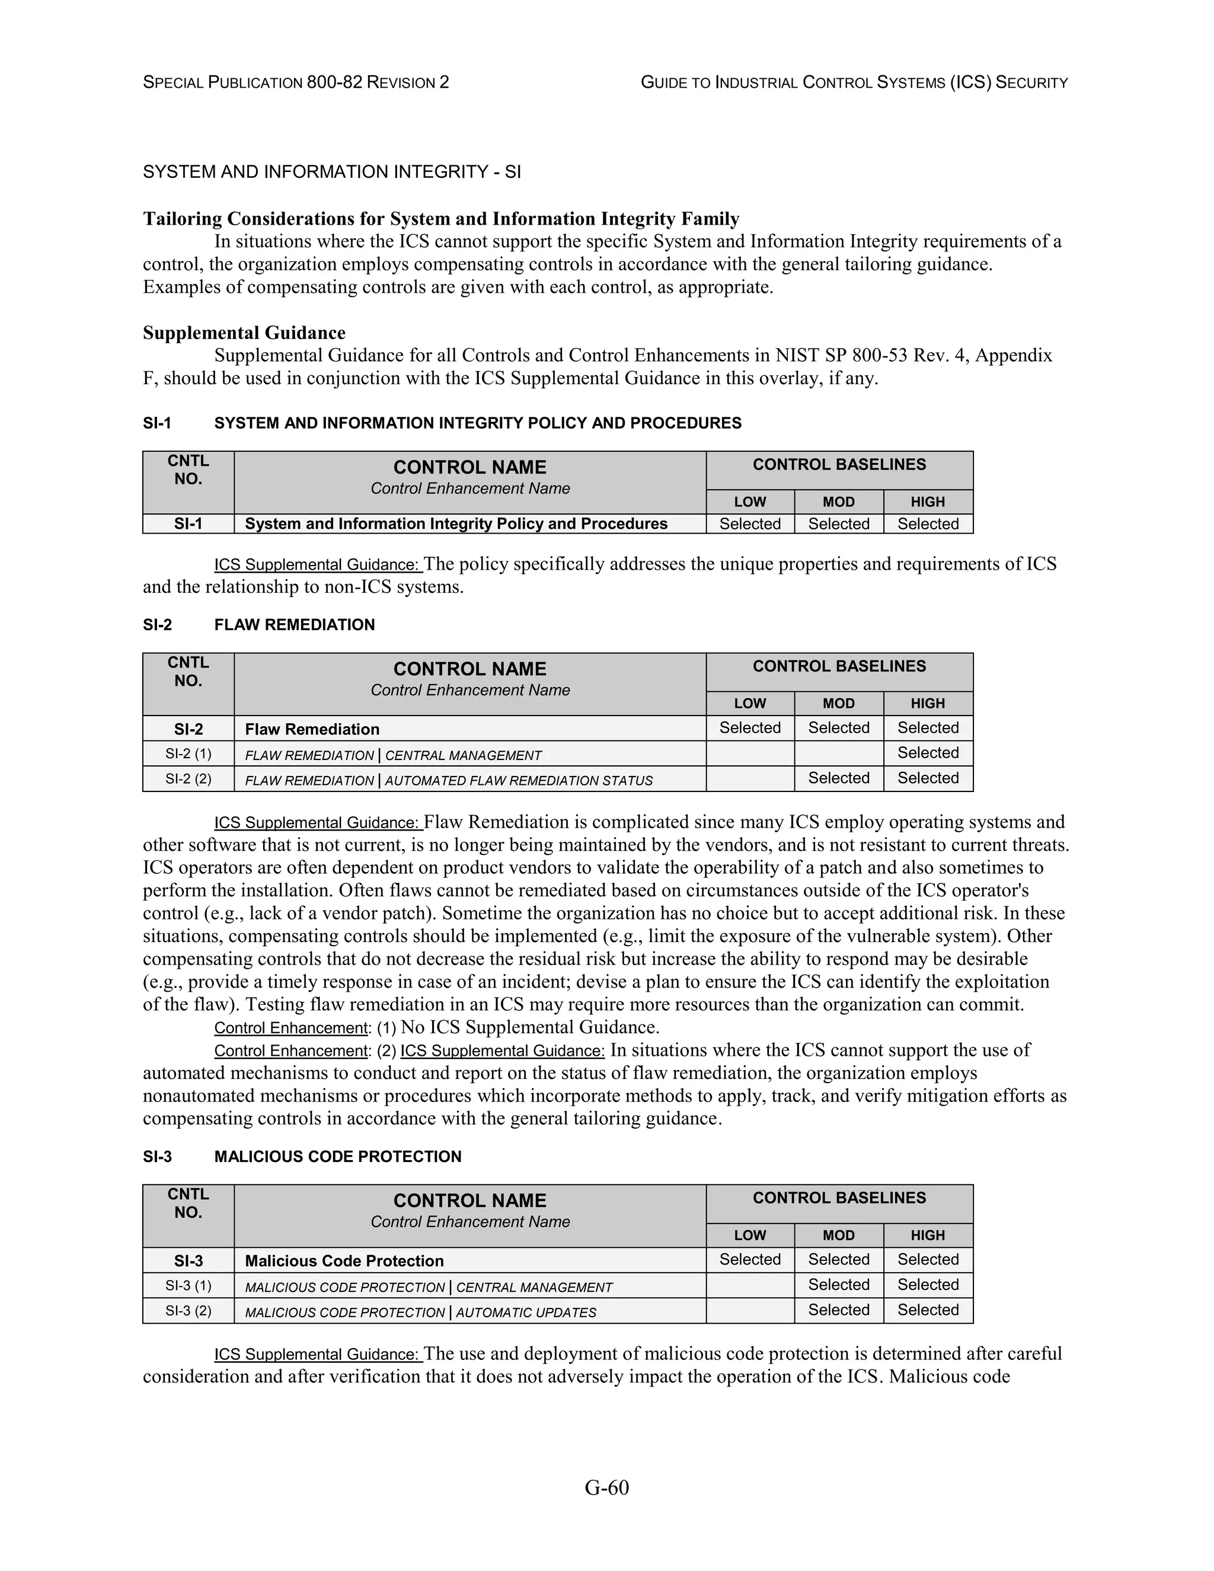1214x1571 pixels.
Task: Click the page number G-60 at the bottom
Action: click(606, 1487)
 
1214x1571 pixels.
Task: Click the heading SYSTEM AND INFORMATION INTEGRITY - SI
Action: click(331, 172)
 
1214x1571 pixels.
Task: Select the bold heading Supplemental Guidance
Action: click(244, 333)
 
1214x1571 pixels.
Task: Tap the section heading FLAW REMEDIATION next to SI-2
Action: click(294, 624)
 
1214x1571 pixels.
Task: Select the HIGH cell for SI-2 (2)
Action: click(928, 778)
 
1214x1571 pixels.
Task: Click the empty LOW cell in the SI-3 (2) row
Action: click(749, 1310)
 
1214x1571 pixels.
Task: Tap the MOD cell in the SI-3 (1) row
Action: click(839, 1285)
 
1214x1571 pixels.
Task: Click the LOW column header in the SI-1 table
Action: click(749, 502)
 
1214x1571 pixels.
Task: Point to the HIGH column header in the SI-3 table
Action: click(928, 1235)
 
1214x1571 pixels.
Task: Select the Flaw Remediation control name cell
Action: click(469, 729)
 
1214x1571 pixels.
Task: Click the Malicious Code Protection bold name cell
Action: click(469, 1260)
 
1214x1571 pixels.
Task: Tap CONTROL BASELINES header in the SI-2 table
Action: click(839, 666)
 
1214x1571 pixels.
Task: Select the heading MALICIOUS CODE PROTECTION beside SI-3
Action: click(337, 1157)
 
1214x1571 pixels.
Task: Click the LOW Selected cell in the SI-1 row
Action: click(749, 523)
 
